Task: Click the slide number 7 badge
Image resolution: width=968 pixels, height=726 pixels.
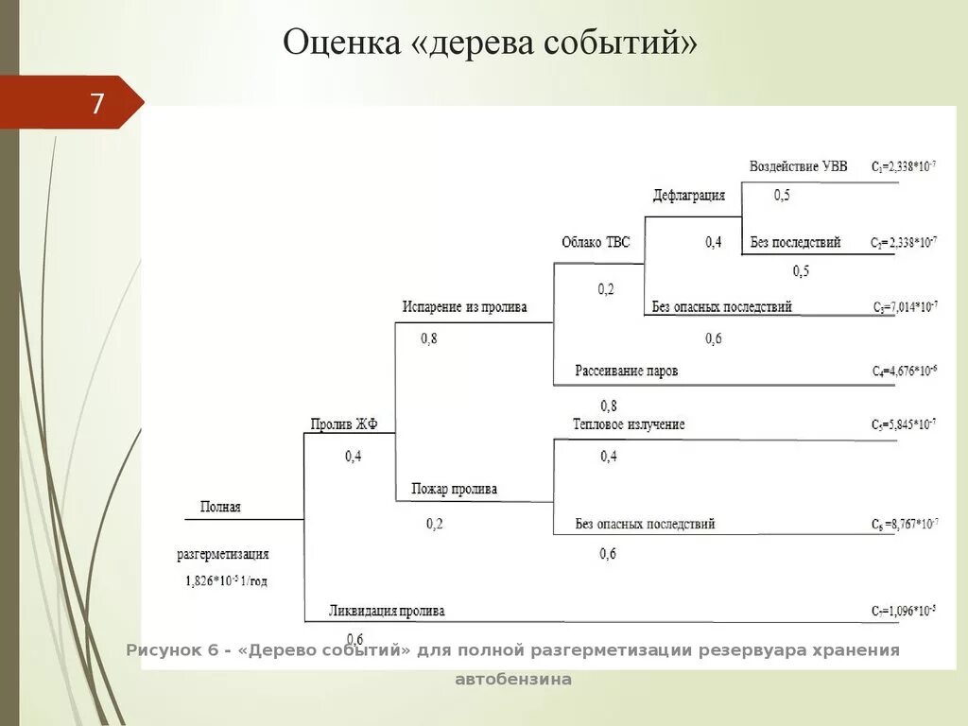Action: (x=97, y=103)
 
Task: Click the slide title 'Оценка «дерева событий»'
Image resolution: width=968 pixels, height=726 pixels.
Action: (x=492, y=43)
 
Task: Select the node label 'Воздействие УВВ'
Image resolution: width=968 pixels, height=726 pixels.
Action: (x=798, y=166)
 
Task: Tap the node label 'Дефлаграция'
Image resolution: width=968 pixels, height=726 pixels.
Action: (x=689, y=196)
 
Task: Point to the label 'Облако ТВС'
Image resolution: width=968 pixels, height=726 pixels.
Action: (x=596, y=243)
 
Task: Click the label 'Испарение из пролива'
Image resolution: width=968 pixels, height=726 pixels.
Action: (x=464, y=307)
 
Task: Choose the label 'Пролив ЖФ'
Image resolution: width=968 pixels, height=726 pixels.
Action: (x=344, y=424)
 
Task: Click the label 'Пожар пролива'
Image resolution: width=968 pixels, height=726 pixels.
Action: (x=454, y=490)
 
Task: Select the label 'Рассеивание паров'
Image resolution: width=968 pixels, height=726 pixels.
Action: (x=626, y=372)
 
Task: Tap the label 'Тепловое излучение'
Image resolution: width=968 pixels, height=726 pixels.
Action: (x=628, y=424)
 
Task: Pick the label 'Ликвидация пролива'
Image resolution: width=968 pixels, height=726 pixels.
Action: (x=387, y=611)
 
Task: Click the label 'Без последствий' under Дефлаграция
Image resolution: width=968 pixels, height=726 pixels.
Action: (x=795, y=242)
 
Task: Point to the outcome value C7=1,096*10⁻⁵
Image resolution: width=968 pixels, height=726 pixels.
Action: (x=904, y=612)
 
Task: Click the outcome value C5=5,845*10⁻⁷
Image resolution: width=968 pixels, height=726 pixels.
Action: (x=904, y=425)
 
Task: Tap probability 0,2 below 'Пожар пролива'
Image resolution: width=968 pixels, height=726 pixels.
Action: (x=434, y=524)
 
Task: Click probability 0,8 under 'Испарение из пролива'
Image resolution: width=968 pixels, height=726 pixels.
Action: (x=428, y=339)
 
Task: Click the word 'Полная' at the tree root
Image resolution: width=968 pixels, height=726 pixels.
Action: (x=220, y=508)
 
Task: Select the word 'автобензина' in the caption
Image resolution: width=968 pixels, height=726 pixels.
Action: (x=513, y=679)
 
